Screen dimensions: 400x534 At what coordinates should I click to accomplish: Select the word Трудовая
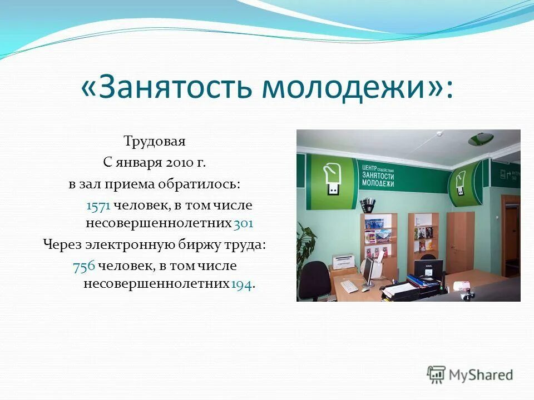(155, 142)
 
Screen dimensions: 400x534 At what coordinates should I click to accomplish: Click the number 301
(244, 223)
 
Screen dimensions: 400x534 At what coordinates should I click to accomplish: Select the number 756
(83, 266)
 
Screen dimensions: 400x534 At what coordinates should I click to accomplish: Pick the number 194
(241, 284)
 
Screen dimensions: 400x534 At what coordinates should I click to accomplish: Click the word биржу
(200, 244)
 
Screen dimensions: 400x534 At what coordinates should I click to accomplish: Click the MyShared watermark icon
(436, 374)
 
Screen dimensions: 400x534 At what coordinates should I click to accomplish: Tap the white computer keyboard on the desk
(349, 286)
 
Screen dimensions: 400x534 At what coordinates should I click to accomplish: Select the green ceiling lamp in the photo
(480, 139)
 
